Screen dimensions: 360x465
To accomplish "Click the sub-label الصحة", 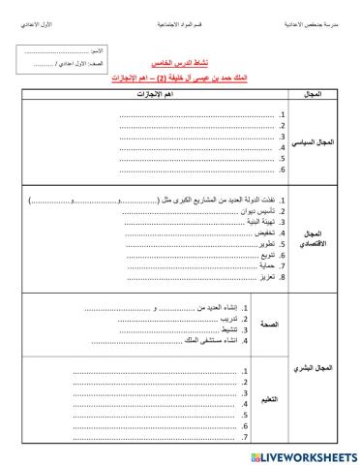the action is tap(269, 325).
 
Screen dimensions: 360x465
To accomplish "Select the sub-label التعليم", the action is tap(270, 400).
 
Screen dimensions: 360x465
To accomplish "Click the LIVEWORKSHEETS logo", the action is tap(305, 452).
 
